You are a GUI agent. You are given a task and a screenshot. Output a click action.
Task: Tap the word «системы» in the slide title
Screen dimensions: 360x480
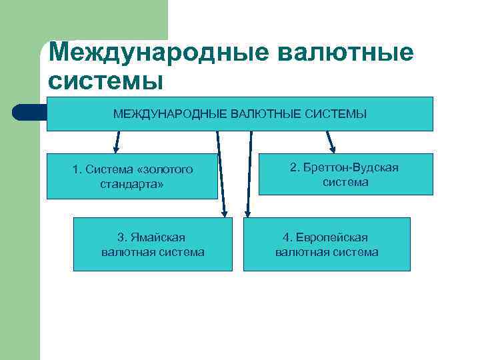(x=106, y=80)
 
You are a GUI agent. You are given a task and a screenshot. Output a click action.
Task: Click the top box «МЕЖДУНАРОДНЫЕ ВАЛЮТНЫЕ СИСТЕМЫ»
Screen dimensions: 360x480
(x=239, y=114)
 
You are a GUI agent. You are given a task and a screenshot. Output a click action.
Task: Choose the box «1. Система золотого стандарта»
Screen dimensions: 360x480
(x=132, y=177)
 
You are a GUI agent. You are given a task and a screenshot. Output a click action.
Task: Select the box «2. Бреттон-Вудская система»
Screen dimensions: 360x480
(x=345, y=174)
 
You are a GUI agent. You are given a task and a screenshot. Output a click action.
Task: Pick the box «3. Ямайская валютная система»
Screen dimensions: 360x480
(x=153, y=244)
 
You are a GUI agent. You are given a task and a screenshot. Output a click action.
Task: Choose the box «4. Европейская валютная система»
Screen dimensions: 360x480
(x=327, y=244)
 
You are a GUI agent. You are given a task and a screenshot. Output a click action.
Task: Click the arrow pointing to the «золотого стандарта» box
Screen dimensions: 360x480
(x=117, y=141)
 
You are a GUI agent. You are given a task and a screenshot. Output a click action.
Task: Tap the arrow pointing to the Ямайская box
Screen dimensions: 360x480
(x=221, y=173)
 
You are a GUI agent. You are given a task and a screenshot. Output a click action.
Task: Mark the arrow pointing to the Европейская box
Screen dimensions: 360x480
(x=249, y=173)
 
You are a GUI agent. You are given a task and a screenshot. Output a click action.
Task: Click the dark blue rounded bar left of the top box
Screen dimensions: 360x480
(x=29, y=112)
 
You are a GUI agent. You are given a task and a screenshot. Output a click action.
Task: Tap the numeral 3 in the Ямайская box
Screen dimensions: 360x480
(x=121, y=237)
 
